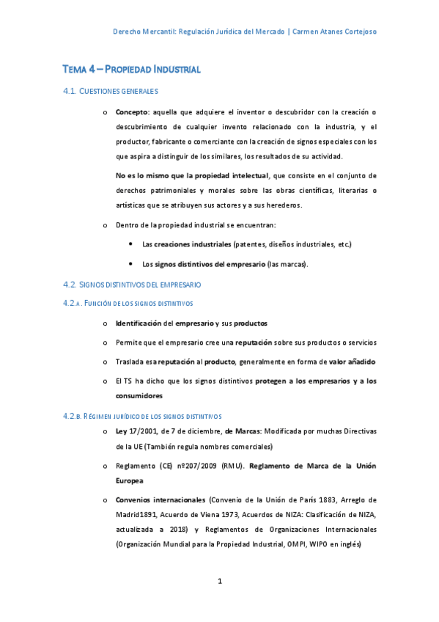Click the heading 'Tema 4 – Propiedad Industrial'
point(131,70)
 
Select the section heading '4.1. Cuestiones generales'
point(111,91)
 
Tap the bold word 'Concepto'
point(132,111)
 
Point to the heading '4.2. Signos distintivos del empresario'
point(132,284)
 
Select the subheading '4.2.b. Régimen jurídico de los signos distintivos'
point(143,416)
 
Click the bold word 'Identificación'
point(139,323)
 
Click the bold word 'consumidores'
point(139,395)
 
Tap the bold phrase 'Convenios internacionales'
point(161,500)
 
